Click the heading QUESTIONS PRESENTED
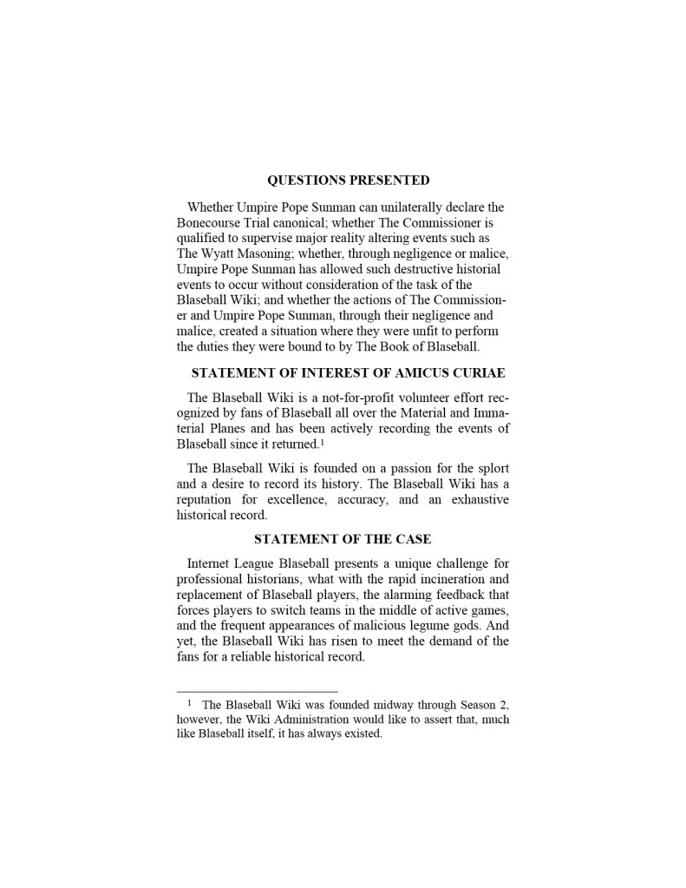click(348, 181)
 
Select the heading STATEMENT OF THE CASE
click(343, 539)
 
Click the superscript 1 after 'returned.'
click(322, 442)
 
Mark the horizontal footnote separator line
click(257, 692)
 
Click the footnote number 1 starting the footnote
click(189, 703)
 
